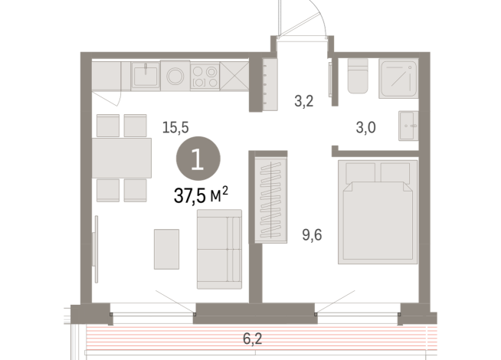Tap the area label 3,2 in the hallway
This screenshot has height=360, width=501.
click(305, 100)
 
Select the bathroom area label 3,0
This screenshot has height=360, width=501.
click(365, 128)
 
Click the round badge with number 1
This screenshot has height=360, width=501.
click(198, 159)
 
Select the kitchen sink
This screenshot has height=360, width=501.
click(145, 75)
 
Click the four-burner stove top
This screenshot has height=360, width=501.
click(204, 76)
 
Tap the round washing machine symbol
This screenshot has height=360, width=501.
click(175, 76)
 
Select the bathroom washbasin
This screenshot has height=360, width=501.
click(408, 126)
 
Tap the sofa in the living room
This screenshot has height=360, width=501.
click(219, 249)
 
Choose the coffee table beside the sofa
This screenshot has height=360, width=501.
click(166, 248)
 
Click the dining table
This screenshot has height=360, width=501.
click(123, 157)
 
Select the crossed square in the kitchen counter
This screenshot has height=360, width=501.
click(235, 76)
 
